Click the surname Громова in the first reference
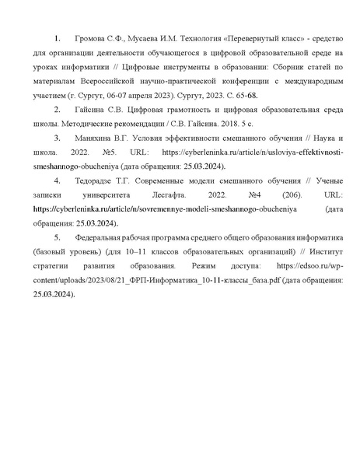[x=90, y=38]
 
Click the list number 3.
[x=57, y=138]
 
